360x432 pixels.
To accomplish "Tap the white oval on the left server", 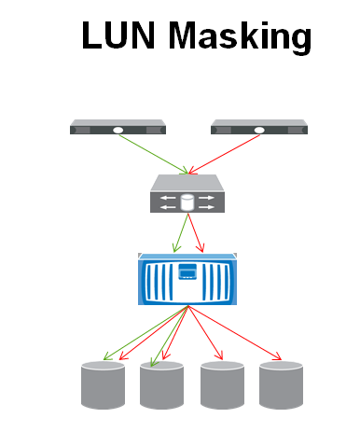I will pyautogui.click(x=118, y=130).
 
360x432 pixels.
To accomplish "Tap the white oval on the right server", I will pyautogui.click(x=257, y=130).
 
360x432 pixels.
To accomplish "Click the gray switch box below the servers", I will pyautogui.click(x=187, y=194).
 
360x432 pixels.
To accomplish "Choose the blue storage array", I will pyautogui.click(x=187, y=278).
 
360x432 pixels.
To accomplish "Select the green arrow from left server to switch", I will pyautogui.click(x=154, y=152).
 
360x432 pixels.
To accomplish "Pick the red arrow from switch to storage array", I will pyautogui.click(x=195, y=232).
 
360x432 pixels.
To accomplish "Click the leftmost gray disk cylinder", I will pyautogui.click(x=103, y=385).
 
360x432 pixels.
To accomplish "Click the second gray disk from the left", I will pyautogui.click(x=162, y=385).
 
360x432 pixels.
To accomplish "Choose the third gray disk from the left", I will pyautogui.click(x=222, y=385).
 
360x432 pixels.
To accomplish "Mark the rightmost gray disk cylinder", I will pyautogui.click(x=281, y=385).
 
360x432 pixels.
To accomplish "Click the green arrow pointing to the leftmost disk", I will pyautogui.click(x=140, y=336).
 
